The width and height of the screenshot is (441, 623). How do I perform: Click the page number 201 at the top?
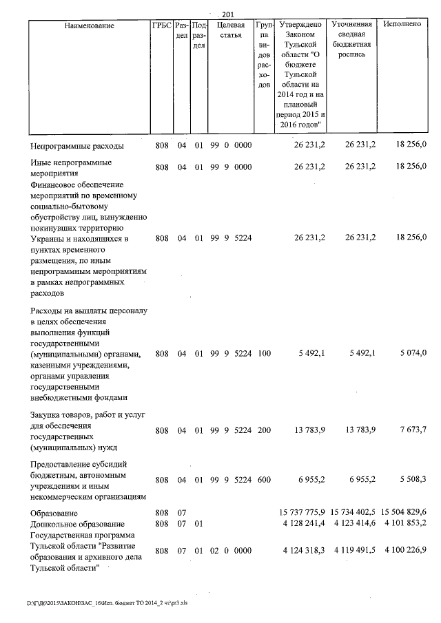pyautogui.click(x=228, y=15)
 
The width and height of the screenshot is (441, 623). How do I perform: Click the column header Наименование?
pyautogui.click(x=89, y=25)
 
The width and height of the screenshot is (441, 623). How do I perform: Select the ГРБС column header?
pyautogui.click(x=161, y=25)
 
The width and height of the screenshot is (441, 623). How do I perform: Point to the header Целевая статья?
pyautogui.click(x=231, y=30)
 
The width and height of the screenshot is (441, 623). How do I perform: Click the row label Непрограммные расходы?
pyautogui.click(x=77, y=146)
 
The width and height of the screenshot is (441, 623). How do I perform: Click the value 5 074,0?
pyautogui.click(x=413, y=353)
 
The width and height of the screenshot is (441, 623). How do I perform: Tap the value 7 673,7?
pyautogui.click(x=413, y=430)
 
